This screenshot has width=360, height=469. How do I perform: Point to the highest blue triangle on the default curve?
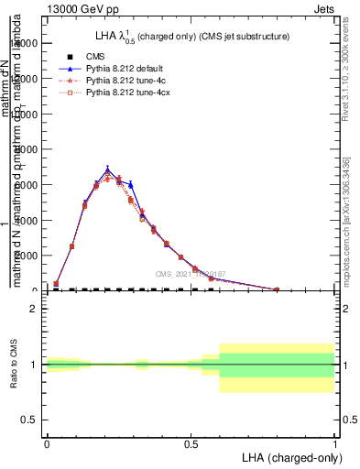click(108, 169)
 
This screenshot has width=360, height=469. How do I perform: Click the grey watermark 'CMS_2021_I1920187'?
click(191, 274)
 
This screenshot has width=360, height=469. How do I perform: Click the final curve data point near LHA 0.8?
click(277, 289)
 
